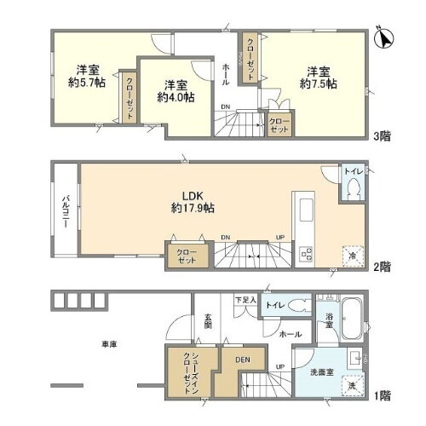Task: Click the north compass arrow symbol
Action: pos(384,38)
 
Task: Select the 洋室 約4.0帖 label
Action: pos(176,91)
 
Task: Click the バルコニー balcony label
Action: pos(65,207)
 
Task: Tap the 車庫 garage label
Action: pos(109,344)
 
